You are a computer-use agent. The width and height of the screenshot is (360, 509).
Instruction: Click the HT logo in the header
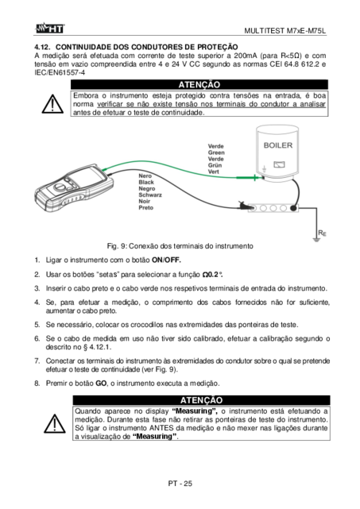click(x=50, y=29)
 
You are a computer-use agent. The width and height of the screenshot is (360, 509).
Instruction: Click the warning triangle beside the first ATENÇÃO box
click(x=52, y=104)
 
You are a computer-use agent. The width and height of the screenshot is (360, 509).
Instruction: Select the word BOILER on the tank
click(x=278, y=145)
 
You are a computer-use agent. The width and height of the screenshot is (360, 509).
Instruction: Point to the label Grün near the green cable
click(x=215, y=165)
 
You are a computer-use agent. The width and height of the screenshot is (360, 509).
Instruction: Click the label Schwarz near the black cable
click(x=150, y=195)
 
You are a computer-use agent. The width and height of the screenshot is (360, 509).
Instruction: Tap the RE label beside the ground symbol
click(x=322, y=233)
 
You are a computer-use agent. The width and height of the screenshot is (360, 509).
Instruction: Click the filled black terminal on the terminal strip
click(x=293, y=208)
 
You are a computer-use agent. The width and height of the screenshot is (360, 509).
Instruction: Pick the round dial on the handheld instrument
click(x=60, y=187)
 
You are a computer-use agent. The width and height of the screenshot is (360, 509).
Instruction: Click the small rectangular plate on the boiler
click(x=279, y=164)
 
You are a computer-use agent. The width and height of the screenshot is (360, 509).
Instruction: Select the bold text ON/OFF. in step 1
click(x=166, y=260)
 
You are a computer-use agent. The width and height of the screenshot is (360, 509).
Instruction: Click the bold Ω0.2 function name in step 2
click(x=212, y=275)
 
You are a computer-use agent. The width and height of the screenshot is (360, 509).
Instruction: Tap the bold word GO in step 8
click(x=101, y=384)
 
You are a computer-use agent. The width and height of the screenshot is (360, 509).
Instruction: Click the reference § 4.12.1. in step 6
click(x=97, y=347)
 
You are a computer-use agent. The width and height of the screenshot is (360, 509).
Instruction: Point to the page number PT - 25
click(x=180, y=484)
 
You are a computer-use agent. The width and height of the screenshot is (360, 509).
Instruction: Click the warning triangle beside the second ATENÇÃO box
click(x=55, y=423)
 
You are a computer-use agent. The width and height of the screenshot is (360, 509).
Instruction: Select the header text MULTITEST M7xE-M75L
click(x=285, y=31)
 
